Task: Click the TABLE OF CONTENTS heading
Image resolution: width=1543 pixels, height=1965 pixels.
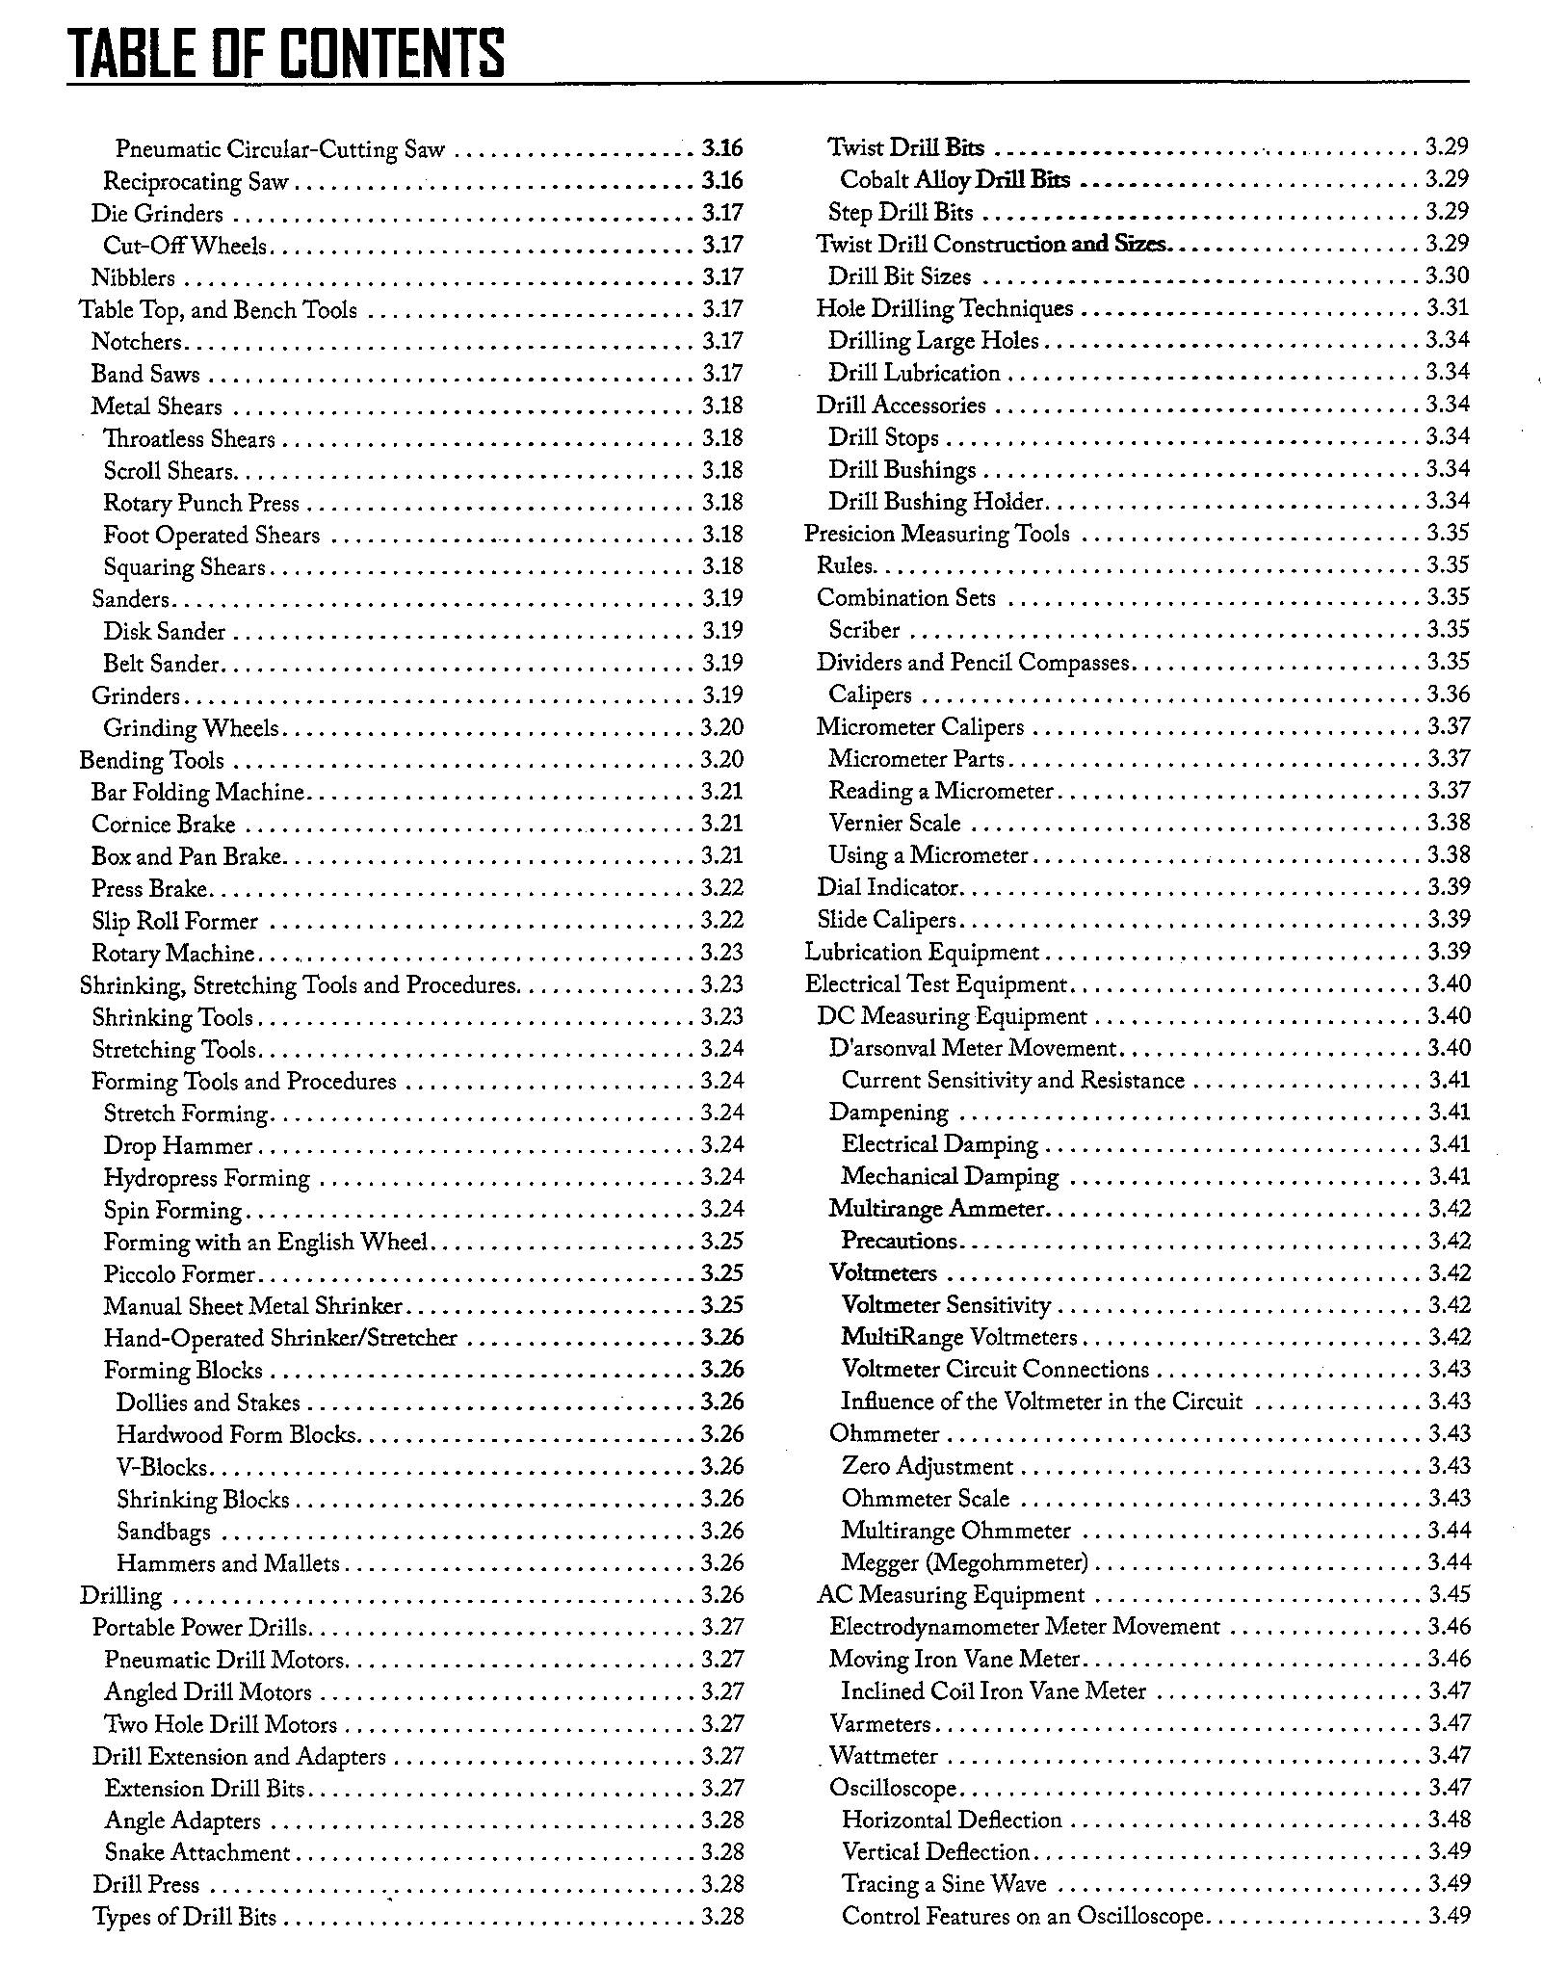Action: coord(286,53)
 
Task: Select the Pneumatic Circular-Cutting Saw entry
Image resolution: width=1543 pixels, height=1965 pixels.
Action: coord(280,149)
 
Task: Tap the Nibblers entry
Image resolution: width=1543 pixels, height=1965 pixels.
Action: coord(133,277)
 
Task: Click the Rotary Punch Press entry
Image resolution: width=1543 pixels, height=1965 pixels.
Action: coord(201,503)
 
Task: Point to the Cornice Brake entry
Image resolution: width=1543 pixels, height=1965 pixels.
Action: coord(163,825)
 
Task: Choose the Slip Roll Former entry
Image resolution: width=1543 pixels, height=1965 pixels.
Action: coord(174,921)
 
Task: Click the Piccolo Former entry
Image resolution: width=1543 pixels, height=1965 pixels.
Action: coord(179,1274)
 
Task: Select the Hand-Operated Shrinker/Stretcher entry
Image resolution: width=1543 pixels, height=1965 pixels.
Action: coord(280,1338)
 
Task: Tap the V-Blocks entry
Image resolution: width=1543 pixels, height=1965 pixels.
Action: coord(162,1467)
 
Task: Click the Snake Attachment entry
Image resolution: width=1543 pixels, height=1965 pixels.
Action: coord(196,1852)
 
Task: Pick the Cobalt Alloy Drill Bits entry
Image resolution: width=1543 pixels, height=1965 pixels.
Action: coord(955,179)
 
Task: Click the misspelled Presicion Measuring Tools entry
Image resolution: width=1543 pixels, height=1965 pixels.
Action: coord(936,534)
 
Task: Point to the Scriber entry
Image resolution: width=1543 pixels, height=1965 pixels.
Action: coord(864,630)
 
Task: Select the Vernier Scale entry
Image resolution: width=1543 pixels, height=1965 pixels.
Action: coord(895,823)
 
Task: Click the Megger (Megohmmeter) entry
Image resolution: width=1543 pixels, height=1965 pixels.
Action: coord(964,1562)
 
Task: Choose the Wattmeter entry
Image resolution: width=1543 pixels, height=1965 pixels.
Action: coord(883,1755)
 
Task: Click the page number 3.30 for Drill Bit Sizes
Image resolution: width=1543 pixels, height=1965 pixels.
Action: coord(1447,275)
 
